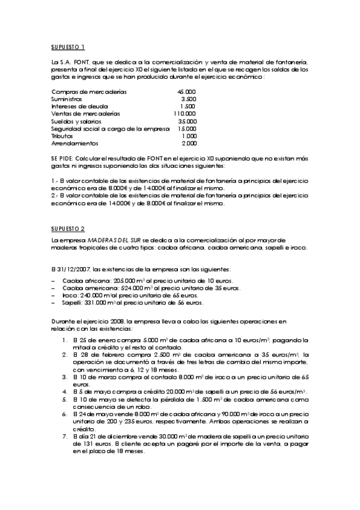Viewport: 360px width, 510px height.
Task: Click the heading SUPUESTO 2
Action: (68, 229)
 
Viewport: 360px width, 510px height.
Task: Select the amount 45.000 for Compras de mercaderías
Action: (186, 91)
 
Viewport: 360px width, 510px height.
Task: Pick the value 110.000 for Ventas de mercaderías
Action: (185, 114)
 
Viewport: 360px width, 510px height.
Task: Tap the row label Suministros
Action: (67, 99)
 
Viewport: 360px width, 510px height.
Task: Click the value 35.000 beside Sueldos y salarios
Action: (186, 121)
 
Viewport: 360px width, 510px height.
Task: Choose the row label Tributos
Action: (62, 136)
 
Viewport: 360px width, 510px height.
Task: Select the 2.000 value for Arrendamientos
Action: (188, 143)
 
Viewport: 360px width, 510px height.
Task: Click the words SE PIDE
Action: (62, 158)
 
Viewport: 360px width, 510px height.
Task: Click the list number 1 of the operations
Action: (64, 340)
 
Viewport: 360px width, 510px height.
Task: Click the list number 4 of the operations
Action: (64, 392)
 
